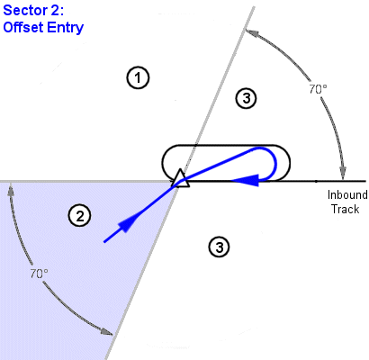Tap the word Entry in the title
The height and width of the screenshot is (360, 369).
(66, 28)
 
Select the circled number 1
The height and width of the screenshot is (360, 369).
(138, 78)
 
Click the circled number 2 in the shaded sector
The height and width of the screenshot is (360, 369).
(80, 216)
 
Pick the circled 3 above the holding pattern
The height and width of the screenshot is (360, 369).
(246, 98)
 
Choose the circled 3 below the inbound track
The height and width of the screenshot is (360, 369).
(220, 247)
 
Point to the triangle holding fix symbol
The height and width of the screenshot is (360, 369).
(181, 179)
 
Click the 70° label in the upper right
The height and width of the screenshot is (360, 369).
(318, 89)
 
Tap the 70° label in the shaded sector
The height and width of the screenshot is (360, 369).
(39, 274)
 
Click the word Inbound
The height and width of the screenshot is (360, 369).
(347, 194)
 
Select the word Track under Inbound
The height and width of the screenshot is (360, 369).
(345, 209)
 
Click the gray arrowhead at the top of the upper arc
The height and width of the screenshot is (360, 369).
(251, 32)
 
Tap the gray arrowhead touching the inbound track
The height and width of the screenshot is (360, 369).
(343, 174)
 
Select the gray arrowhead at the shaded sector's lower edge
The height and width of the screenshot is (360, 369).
(107, 331)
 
